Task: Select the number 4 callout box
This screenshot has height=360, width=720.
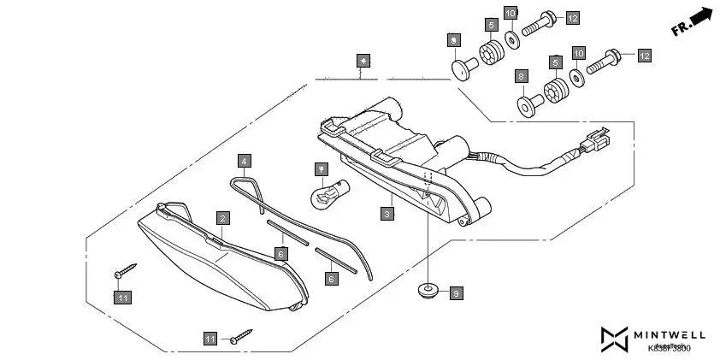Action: (x=244, y=160)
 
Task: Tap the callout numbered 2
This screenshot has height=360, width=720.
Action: (x=221, y=218)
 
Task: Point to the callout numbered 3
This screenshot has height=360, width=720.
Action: (x=387, y=213)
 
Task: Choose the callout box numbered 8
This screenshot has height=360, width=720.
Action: (x=521, y=77)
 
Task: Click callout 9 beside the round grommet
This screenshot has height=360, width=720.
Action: (x=456, y=293)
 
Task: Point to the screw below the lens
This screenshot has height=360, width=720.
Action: (x=240, y=335)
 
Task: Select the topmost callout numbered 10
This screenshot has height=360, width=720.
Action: (x=510, y=13)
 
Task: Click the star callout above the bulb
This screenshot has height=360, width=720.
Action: (x=320, y=168)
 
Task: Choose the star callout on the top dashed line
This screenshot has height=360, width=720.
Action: (x=363, y=61)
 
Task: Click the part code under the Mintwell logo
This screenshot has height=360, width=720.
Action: (x=670, y=348)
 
